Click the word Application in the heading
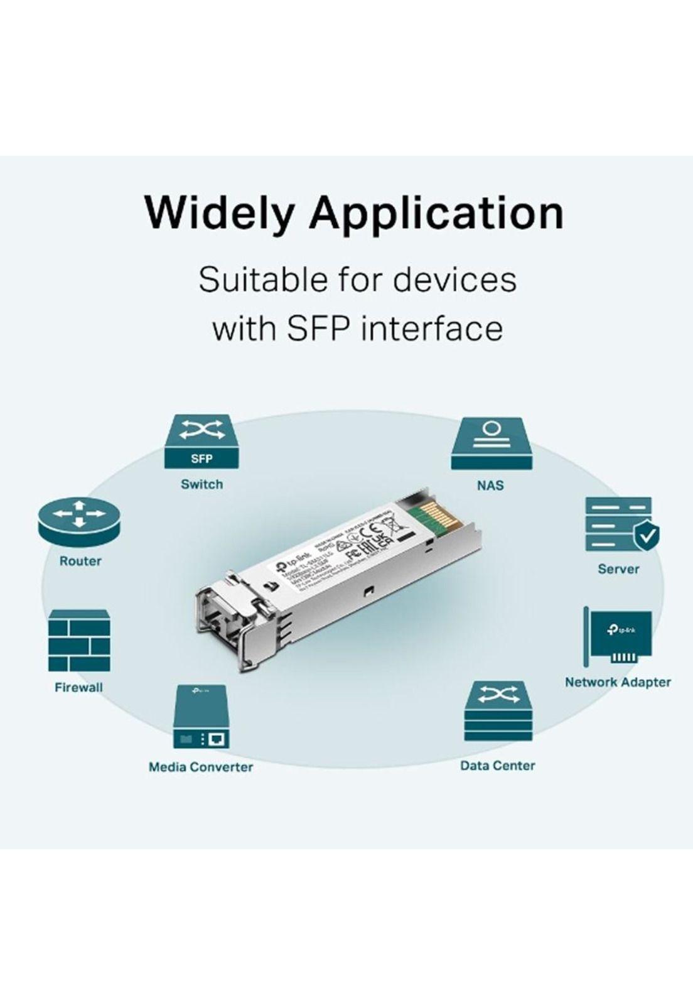(436, 214)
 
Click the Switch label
(201, 484)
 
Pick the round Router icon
(79, 523)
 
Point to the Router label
(80, 561)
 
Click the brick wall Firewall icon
(79, 641)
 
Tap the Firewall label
(78, 687)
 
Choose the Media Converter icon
(201, 717)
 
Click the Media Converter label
(201, 767)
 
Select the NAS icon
(491, 443)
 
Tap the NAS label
(490, 486)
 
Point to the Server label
(618, 569)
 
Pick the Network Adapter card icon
(618, 637)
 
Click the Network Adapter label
(618, 682)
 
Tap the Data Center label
(498, 766)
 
